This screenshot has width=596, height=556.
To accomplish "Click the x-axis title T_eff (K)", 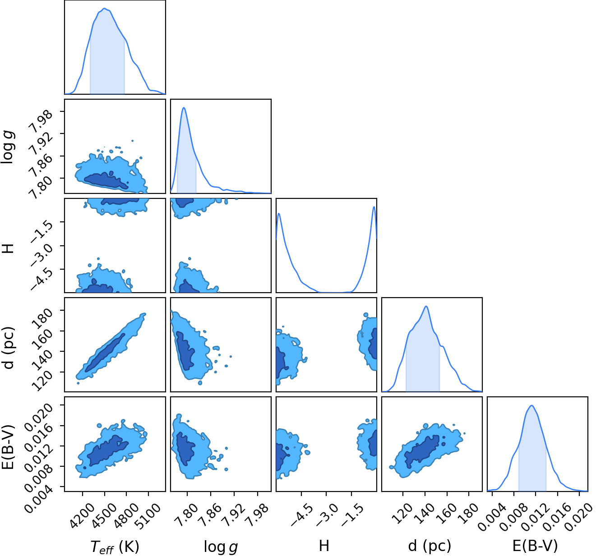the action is click(x=115, y=546).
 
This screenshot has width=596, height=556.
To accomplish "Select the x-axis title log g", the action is click(x=221, y=547).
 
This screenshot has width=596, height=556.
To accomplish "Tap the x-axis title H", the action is click(x=324, y=546).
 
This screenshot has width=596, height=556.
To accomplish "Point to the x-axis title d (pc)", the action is click(x=430, y=546).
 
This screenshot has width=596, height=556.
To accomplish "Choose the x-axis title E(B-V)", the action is click(x=535, y=546).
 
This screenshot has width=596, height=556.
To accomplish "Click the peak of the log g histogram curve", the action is click(x=184, y=108).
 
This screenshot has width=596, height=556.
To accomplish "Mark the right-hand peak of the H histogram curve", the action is click(x=374, y=207).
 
